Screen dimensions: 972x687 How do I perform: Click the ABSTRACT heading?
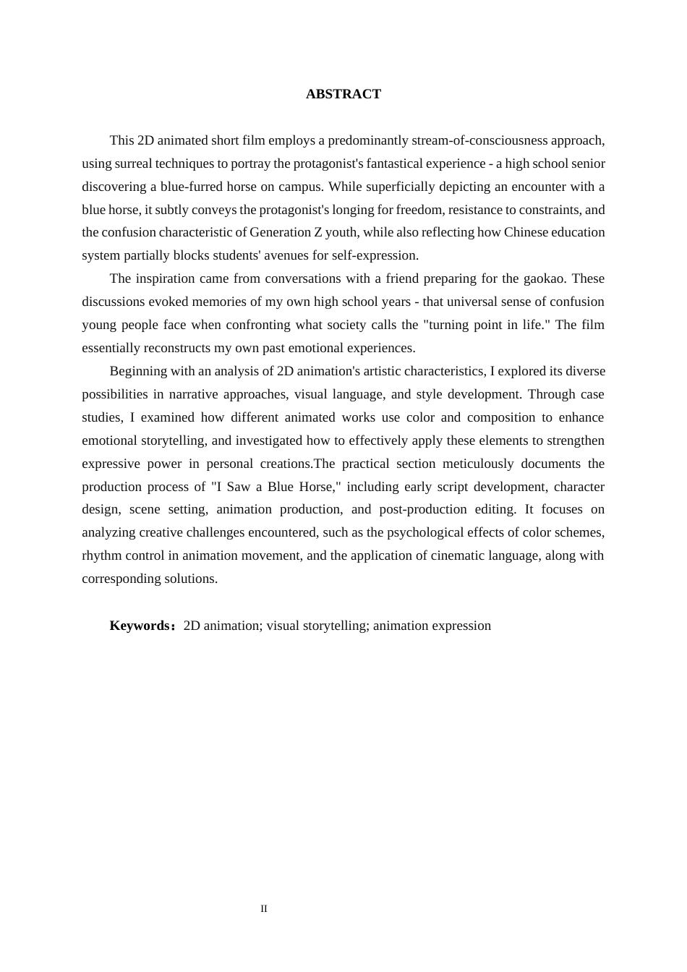(x=343, y=94)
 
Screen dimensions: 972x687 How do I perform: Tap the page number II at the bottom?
(x=264, y=909)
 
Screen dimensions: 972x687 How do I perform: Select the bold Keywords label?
(x=140, y=626)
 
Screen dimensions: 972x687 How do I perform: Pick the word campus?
(x=299, y=187)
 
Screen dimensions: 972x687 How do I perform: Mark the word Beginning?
(x=140, y=371)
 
